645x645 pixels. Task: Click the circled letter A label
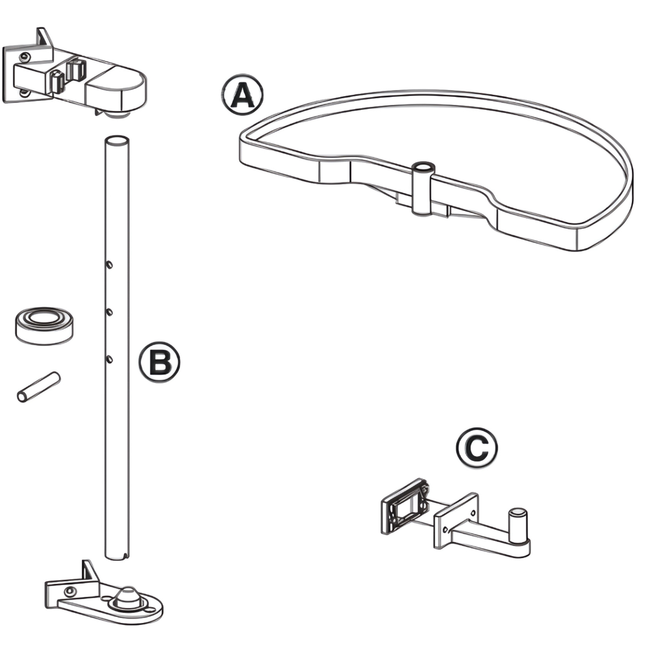[x=242, y=95]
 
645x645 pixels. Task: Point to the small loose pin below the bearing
[x=38, y=388]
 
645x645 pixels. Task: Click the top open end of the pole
[x=117, y=141]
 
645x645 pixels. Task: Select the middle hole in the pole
[x=109, y=311]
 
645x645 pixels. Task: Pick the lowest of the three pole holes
[x=109, y=359]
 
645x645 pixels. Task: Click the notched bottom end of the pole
[x=117, y=555]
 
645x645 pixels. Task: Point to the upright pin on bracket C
[x=517, y=524]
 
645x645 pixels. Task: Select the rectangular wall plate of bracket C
[x=405, y=505]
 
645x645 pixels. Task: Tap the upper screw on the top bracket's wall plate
[x=24, y=57]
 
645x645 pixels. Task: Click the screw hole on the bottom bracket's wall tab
[x=70, y=591]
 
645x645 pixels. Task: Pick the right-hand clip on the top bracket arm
[x=75, y=70]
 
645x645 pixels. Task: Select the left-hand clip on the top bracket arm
[x=57, y=81]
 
